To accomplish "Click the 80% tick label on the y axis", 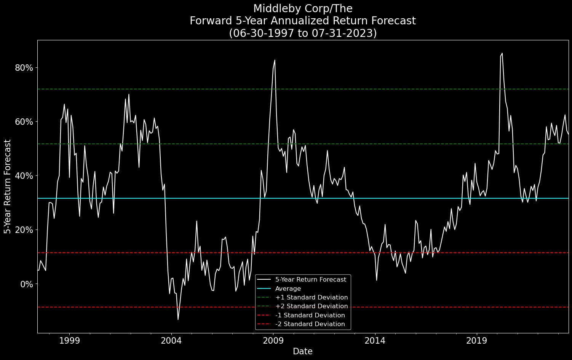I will (24, 68).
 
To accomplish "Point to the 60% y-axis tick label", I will (24, 122).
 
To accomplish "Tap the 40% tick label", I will (24, 176).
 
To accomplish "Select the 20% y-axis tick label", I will (24, 230).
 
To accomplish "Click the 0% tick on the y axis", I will (27, 284).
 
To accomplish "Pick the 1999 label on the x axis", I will (70, 339).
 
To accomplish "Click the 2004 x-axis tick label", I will (171, 339).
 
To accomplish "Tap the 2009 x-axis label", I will (273, 339).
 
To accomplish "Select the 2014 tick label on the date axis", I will (375, 339).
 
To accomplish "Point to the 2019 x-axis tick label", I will (477, 339).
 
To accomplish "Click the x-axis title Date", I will (303, 351).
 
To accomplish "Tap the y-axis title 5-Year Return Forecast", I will (7, 186).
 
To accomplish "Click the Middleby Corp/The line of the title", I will (303, 8).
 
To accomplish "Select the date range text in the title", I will (303, 33).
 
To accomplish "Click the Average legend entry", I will (288, 288).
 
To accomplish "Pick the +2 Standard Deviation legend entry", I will (312, 306).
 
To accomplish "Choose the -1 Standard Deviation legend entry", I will (310, 315).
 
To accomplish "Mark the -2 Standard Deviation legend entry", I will (310, 324).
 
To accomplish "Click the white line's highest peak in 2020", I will (502, 53).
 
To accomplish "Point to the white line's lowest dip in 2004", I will (178, 319).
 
